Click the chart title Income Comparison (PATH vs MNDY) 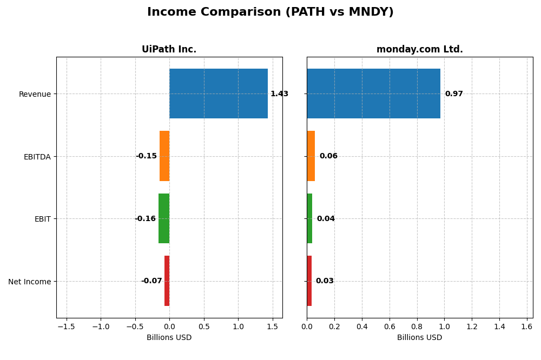270,12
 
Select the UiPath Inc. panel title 169,49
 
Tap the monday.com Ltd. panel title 419,49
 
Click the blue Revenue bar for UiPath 219,94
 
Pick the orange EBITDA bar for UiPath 164,156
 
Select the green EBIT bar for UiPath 164,218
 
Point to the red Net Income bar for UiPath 167,281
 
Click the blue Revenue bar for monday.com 373,94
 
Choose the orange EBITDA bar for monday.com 311,156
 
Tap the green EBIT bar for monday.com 309,218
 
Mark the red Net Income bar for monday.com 309,281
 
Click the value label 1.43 279,94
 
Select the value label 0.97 454,94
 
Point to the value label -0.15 146,156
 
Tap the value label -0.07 151,281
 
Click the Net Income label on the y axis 29,282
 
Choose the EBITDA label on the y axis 37,157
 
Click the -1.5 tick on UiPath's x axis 66,327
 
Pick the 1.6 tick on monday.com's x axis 527,327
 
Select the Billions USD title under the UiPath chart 169,338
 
